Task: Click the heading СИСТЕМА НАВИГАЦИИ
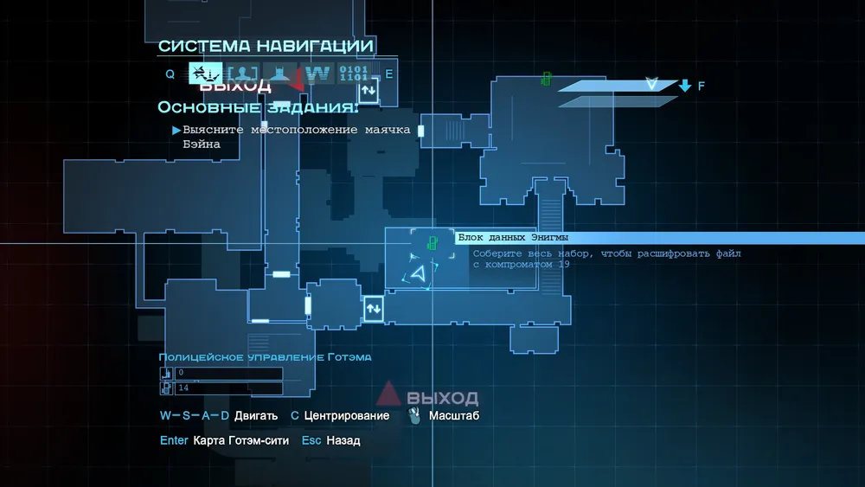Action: point(266,46)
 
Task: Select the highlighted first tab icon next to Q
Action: point(205,74)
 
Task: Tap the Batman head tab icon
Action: point(279,74)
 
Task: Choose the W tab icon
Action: point(317,74)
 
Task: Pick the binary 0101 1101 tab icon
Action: point(353,74)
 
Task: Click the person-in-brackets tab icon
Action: point(243,74)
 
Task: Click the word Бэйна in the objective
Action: point(202,144)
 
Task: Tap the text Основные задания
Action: point(257,107)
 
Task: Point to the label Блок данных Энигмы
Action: point(513,238)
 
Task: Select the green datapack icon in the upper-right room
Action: point(547,79)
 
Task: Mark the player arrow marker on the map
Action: point(419,274)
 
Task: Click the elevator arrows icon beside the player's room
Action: point(374,308)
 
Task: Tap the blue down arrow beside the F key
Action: point(685,86)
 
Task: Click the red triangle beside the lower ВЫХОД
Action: point(389,394)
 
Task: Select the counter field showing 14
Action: point(228,388)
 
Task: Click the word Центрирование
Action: point(346,416)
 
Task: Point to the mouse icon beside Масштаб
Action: point(415,416)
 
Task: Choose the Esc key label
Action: point(311,440)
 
